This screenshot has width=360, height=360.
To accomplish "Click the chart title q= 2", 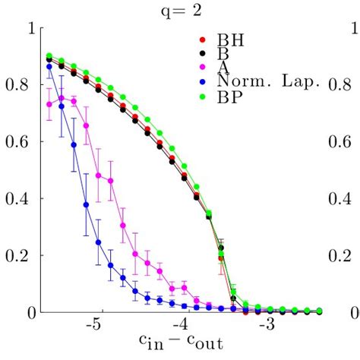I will pyautogui.click(x=180, y=10).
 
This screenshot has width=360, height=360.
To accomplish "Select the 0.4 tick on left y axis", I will pyautogui.click(x=22, y=198).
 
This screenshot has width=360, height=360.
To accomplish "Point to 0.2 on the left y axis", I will pyautogui.click(x=22, y=255).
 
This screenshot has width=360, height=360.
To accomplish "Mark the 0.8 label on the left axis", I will pyautogui.click(x=22, y=84).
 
